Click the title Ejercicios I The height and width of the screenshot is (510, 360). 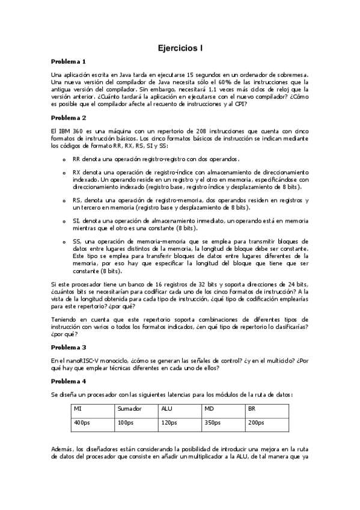pos(180,46)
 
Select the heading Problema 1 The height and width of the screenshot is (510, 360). pos(69,61)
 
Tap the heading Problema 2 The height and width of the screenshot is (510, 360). pos(69,117)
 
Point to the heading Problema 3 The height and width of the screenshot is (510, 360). pos(69,347)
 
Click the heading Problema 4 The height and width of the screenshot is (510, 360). pos(69,381)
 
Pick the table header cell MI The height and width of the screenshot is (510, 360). pos(78,408)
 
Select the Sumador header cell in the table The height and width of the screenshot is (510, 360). pos(129,408)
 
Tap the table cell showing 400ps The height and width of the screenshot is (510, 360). pos(81,423)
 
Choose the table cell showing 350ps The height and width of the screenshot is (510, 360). pos(213,423)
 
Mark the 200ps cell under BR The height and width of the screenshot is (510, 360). pos(256,423)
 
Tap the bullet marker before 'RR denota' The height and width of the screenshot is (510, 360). pos(64,159)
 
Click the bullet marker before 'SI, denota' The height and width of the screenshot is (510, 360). pos(64,221)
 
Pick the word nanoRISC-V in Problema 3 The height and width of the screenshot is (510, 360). pos(79,359)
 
